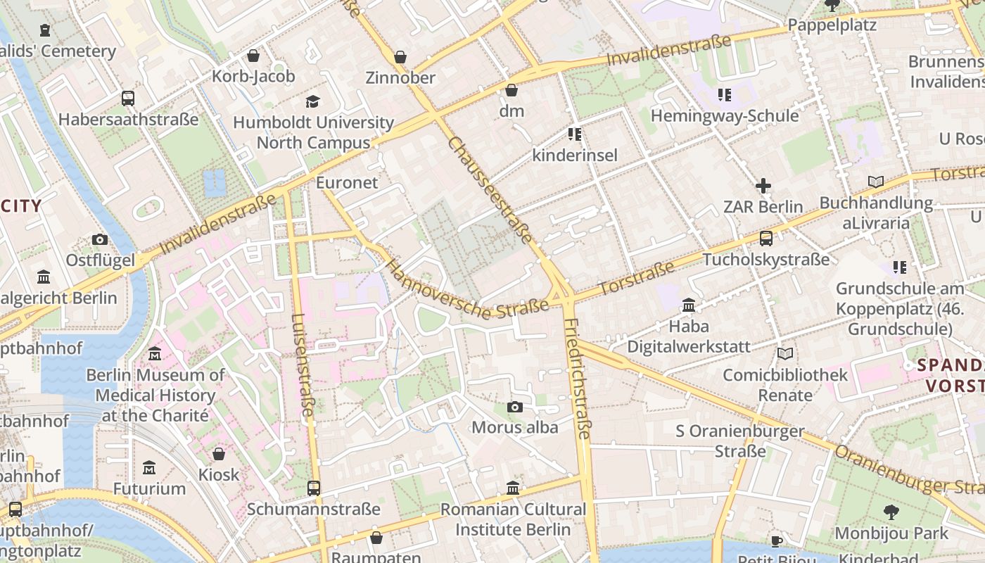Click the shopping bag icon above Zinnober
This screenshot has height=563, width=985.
[x=400, y=57]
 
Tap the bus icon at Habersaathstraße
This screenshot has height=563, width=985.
[x=127, y=99]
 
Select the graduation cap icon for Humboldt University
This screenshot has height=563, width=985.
[x=313, y=102]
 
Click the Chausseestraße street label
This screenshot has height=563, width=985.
[x=490, y=190]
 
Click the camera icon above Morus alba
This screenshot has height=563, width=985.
[x=515, y=407]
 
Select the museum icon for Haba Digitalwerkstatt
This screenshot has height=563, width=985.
[x=688, y=305]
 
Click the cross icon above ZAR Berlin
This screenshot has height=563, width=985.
[x=763, y=186]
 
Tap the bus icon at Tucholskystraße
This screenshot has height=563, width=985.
[x=766, y=239]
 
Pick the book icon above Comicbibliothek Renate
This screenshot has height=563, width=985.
[x=785, y=354]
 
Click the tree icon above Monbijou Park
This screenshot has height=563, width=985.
[x=891, y=512]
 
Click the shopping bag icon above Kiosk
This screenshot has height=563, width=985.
[x=219, y=454]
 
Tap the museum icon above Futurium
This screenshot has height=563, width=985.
[x=149, y=468]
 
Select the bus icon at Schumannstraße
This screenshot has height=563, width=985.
[x=314, y=488]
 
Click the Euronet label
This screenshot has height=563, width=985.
[x=347, y=182]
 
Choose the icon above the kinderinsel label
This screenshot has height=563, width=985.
[x=574, y=134]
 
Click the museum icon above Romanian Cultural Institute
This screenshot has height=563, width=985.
[x=513, y=488]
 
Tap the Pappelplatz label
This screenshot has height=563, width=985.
[x=832, y=25]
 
